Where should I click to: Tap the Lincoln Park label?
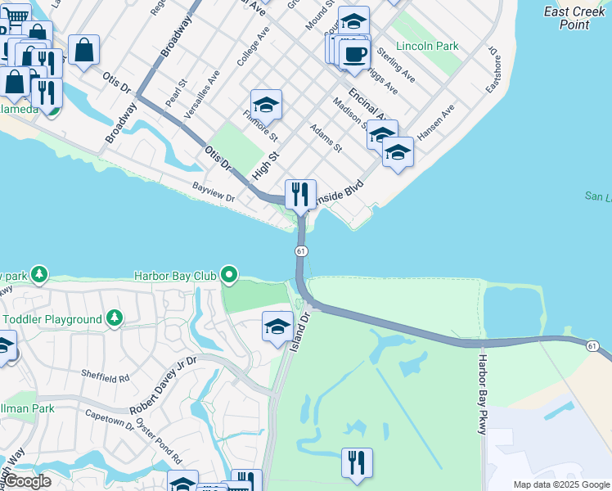(x=425, y=47)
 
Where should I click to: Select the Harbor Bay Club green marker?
(x=230, y=276)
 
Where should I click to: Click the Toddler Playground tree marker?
(x=115, y=318)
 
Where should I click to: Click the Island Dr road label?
(x=300, y=330)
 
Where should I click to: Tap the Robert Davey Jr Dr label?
(x=164, y=385)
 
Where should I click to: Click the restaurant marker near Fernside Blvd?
(x=300, y=195)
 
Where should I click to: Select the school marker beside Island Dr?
(x=277, y=327)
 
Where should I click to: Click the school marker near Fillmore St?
(x=266, y=105)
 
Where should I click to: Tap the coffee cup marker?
(x=354, y=55)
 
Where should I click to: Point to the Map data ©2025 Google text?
(x=560, y=484)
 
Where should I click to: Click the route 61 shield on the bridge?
(x=301, y=250)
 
